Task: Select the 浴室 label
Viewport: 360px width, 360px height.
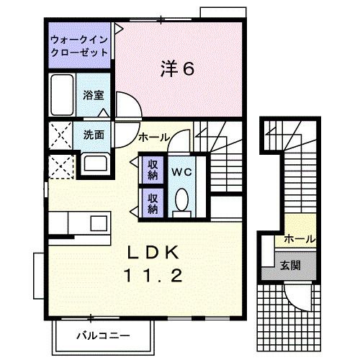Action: click(x=92, y=94)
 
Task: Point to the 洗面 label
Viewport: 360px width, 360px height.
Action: click(x=93, y=134)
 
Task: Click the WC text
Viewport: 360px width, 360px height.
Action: click(x=181, y=173)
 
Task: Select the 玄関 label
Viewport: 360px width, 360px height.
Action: click(x=291, y=264)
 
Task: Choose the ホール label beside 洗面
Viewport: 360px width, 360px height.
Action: click(x=153, y=137)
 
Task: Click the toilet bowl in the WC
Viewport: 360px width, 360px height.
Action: click(x=181, y=199)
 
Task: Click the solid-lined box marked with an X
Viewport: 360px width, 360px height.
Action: click(x=61, y=135)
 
